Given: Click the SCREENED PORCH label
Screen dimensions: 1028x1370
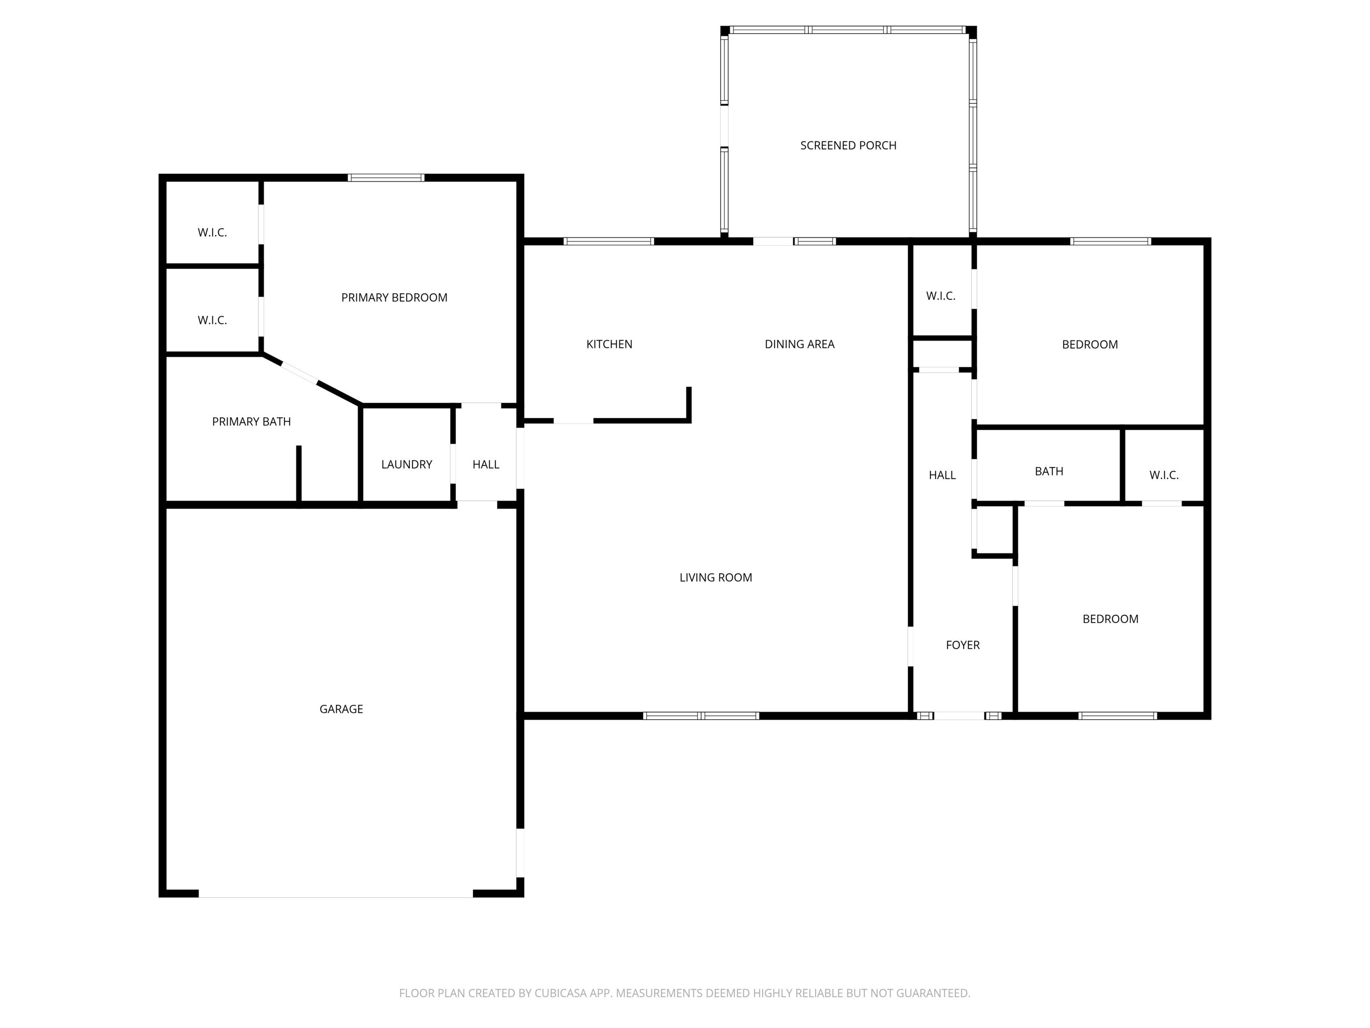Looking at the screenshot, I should (848, 145).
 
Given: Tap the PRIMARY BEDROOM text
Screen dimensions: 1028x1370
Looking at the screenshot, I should (394, 298).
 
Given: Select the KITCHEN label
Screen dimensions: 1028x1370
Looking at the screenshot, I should (609, 344).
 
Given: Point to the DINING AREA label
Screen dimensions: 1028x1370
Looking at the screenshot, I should (799, 344).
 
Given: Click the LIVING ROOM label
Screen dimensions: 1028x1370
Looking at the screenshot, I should (715, 577).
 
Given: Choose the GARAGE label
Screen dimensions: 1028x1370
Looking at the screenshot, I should (341, 709).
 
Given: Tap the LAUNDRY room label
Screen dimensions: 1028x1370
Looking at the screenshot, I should (406, 464).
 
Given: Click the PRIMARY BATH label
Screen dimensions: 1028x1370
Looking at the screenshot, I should (251, 421).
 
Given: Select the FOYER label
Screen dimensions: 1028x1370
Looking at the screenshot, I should (962, 645).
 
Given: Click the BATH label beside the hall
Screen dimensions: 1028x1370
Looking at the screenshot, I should (1048, 471).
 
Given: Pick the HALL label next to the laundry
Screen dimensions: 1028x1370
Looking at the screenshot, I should (486, 464).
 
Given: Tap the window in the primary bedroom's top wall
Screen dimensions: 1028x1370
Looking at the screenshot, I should (386, 178).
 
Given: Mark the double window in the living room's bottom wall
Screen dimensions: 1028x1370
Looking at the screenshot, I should (701, 716).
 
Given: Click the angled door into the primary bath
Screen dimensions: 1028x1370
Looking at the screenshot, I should (300, 373).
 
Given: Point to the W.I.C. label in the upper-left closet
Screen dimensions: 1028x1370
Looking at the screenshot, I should (212, 232).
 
